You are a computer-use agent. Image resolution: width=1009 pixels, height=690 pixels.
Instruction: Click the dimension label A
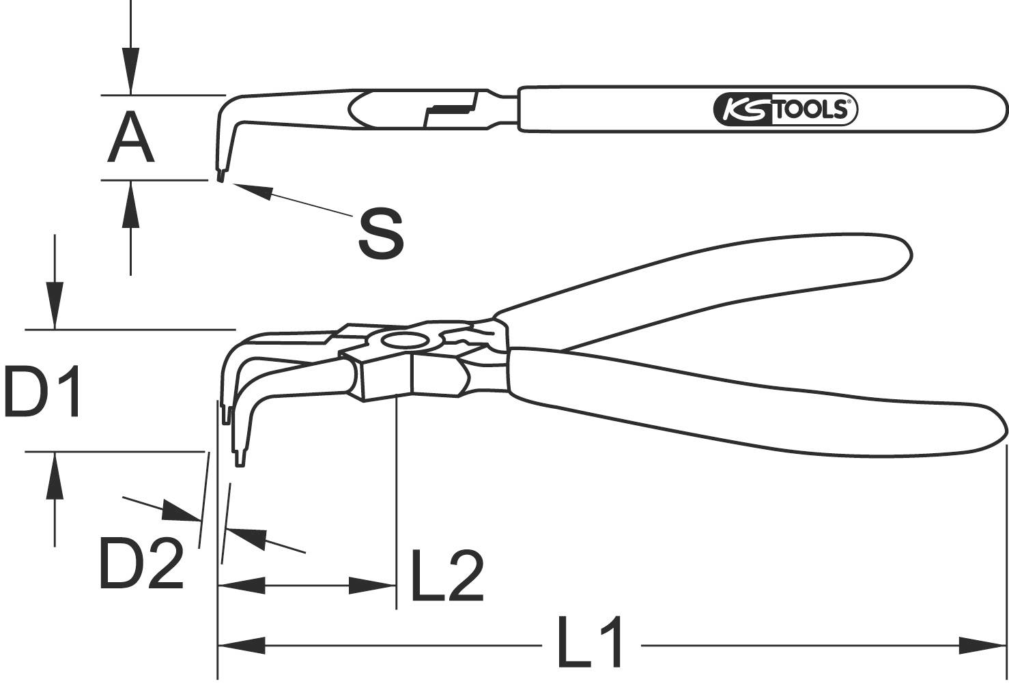130,139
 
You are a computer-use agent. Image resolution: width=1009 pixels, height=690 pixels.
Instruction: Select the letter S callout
381,234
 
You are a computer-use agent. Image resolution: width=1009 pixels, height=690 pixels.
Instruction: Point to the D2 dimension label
141,564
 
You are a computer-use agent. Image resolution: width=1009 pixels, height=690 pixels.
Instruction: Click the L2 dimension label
447,576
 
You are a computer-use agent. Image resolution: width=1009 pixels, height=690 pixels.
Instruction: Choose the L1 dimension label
590,642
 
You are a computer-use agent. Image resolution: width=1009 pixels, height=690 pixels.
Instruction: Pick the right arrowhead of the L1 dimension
983,645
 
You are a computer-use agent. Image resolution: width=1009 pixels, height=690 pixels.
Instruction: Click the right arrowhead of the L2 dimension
373,585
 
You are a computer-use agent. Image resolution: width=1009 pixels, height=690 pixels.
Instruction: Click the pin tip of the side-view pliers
221,177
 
